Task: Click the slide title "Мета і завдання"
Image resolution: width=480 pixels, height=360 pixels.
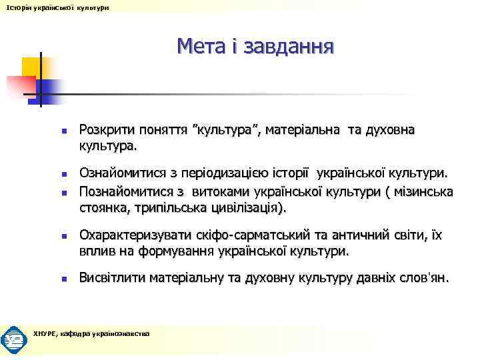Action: point(255,47)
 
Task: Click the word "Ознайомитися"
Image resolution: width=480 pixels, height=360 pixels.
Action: point(123,174)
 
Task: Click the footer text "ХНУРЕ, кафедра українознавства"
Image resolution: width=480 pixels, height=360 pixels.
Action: point(91,333)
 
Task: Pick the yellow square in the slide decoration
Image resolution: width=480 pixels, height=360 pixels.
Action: point(31,67)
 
